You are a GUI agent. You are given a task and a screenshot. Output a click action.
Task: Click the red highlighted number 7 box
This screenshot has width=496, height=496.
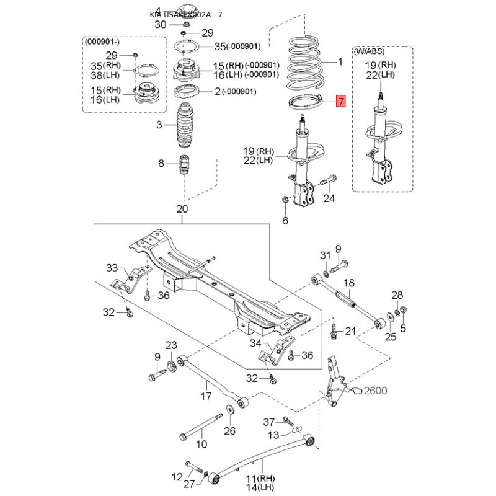coord(340,102)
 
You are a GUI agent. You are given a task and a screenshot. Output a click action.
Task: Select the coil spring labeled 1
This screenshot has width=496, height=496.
coord(308,62)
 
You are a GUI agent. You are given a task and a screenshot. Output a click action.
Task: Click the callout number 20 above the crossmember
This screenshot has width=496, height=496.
coord(182,208)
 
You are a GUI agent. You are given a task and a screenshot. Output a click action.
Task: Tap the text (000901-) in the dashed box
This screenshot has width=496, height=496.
coord(102,42)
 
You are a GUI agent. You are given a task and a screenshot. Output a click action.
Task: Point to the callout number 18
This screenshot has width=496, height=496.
coord(348,282)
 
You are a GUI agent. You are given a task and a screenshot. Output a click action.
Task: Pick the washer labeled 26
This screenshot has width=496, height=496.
coord(229,409)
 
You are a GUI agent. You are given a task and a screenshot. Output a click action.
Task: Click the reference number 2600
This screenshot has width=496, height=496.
coord(375,391)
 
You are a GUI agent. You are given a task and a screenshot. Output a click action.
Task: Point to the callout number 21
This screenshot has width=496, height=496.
coord(350,331)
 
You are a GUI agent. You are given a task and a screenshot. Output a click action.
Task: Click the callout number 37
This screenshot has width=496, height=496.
coord(268,422)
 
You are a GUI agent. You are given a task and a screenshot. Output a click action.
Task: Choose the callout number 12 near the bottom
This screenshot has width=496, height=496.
coord(177,476)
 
